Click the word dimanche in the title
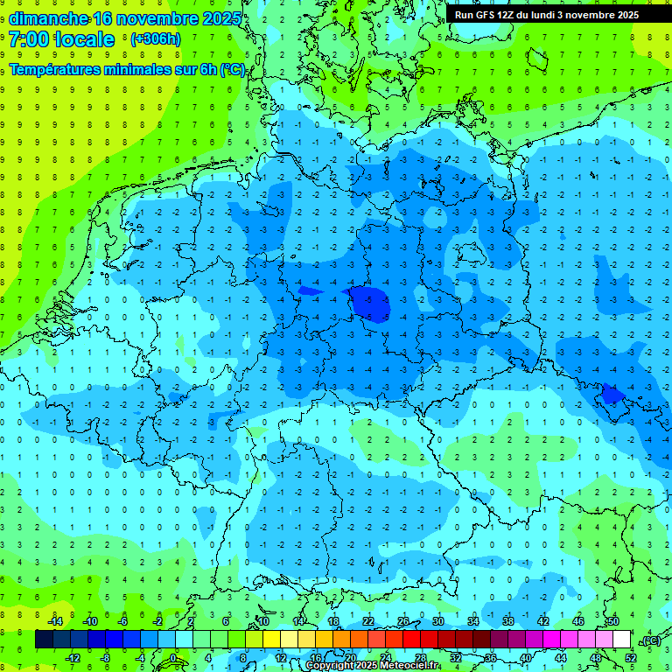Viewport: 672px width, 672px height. tap(47, 18)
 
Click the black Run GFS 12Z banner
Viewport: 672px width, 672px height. tap(547, 15)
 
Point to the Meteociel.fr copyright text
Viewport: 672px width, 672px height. tap(372, 666)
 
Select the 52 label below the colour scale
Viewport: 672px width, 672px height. tap(631, 658)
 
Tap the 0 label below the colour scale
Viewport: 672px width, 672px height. tap(174, 658)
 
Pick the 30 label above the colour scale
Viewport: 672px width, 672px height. tap(437, 621)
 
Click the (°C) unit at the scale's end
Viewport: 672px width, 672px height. tap(650, 640)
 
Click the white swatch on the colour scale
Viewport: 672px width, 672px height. tap(621, 640)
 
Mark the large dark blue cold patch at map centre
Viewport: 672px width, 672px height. tap(366, 303)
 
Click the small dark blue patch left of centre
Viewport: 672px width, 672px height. tap(309, 291)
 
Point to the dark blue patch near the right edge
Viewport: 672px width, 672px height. tap(613, 395)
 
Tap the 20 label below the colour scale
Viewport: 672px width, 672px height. tap(350, 658)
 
